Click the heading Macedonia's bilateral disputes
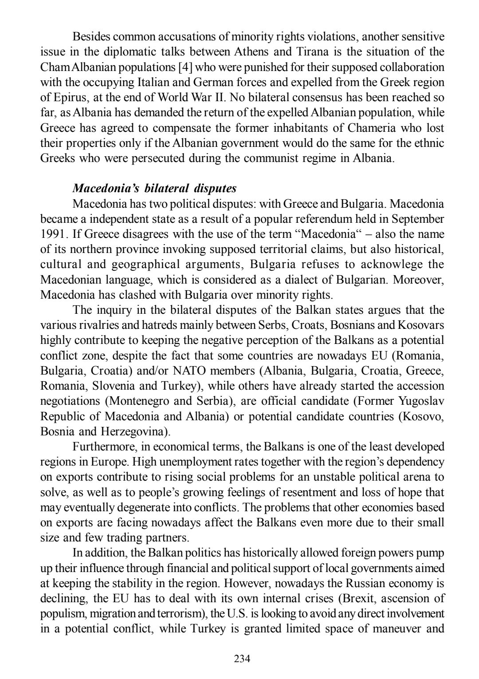pos(154,188)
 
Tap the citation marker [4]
pos(185,67)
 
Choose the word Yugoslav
pos(421,401)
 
